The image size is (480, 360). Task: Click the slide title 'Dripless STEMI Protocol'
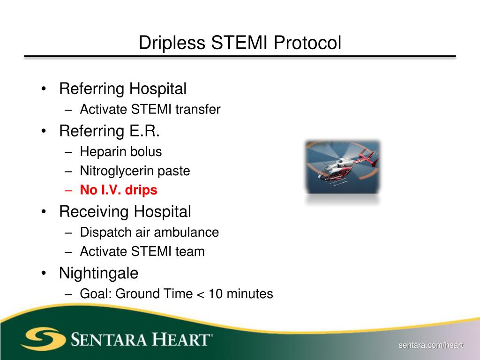240,43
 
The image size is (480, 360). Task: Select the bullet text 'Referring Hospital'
123,89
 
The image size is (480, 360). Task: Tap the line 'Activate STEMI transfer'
150,110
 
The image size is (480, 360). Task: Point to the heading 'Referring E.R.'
110,131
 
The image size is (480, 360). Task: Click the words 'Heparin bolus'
120,152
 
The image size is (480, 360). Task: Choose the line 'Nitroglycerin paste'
135,171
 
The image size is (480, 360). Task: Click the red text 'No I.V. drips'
119,190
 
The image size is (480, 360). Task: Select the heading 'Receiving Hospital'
125,211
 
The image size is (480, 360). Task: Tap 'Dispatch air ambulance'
150,232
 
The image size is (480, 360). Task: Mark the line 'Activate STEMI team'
142,252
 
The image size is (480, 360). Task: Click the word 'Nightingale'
99,273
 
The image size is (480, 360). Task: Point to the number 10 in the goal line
216,294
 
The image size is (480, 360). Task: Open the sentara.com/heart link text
431,345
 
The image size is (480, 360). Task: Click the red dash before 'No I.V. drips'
69,190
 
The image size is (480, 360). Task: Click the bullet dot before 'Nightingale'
44,273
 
